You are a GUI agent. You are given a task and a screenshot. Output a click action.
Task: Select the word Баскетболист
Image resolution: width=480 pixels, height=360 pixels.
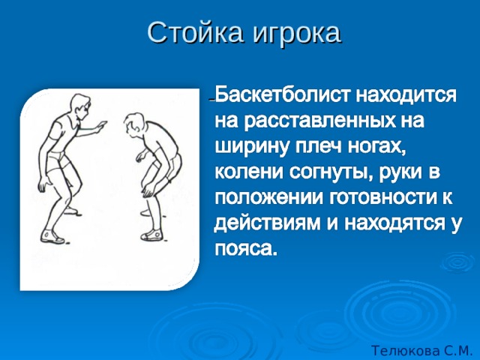(282, 95)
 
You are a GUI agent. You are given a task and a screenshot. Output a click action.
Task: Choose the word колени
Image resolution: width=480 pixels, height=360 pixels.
(249, 172)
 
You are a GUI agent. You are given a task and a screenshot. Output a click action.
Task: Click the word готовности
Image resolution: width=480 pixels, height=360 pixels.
(381, 198)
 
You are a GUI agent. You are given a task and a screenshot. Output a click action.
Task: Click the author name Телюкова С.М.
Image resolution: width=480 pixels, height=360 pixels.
(420, 350)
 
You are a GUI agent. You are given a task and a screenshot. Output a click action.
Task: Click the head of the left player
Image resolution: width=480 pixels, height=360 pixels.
(81, 106)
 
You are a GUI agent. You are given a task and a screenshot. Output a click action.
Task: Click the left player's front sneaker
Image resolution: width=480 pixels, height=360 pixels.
(52, 237)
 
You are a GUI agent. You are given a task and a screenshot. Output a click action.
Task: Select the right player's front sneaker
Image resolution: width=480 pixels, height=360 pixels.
(151, 235)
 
